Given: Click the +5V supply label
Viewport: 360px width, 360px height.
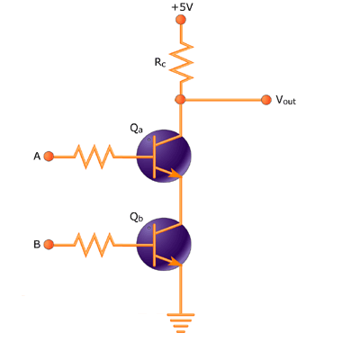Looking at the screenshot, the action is pos(182,7).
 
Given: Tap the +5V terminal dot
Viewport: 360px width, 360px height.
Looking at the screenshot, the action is pos(181,20).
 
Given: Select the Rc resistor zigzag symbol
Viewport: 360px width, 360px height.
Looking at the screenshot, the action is pos(181,62).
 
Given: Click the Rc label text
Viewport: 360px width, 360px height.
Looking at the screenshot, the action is pos(160,62).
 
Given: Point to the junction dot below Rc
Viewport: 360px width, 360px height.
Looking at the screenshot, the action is pos(180,99).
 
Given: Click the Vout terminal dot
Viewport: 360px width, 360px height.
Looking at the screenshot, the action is pos(266,100).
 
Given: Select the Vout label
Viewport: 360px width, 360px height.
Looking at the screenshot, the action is pos(286,100).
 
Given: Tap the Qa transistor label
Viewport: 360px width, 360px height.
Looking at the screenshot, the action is pos(137,129).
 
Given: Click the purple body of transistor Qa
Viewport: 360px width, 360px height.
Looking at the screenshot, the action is pos(164,157).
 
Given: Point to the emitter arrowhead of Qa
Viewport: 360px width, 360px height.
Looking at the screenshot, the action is pos(175,174).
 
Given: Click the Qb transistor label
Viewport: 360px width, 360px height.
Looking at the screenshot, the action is pos(137,217).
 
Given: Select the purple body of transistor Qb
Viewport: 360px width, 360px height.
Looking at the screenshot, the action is pos(164,245).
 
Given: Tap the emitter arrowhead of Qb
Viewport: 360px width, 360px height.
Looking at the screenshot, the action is pos(175,262).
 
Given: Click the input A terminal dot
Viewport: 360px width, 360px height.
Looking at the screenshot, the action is pos(49,157).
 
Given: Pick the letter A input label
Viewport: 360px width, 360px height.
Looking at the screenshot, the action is pos(37,157).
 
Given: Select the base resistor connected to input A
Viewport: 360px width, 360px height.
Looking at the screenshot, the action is pos(94,157).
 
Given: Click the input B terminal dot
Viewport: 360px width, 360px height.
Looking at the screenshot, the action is pos(49,245).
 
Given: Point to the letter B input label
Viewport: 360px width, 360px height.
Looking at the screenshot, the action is pos(37,245).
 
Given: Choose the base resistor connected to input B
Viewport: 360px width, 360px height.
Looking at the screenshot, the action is pos(94,245).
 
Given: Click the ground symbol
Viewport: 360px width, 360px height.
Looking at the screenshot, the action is pos(181,323).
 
